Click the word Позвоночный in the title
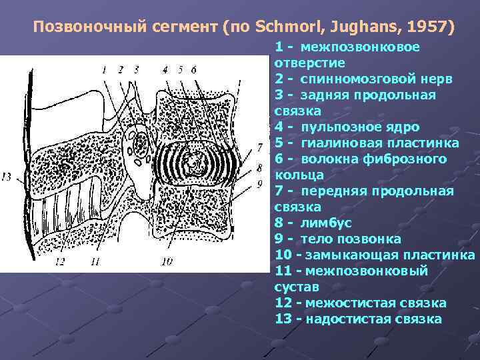[80, 28]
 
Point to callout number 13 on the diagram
[7, 177]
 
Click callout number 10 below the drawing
[167, 262]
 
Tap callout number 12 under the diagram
[59, 262]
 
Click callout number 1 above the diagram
[104, 69]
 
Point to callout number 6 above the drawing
[194, 69]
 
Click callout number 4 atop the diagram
[165, 69]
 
